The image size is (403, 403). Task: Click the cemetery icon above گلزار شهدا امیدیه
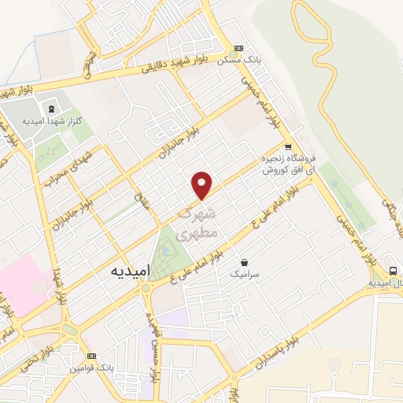(52, 108)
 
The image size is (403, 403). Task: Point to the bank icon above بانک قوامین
(92, 357)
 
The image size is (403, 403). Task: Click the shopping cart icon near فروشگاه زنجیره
(289, 146)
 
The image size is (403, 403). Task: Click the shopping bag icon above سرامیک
(245, 262)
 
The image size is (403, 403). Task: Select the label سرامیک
(244, 275)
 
